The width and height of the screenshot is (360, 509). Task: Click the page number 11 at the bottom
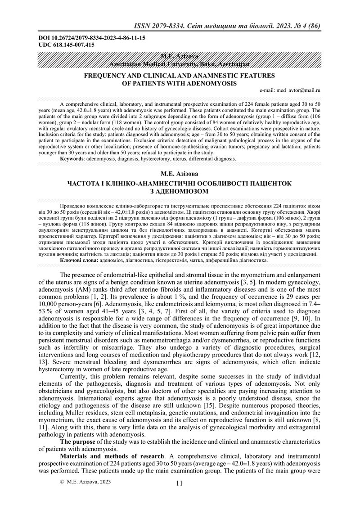(180, 482)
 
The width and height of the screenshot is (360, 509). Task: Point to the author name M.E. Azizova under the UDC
(179, 55)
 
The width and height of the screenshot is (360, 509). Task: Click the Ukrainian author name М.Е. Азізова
(180, 174)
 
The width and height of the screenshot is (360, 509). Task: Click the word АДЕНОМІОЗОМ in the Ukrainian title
(180, 192)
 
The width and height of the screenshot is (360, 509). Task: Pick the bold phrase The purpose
(77, 441)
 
